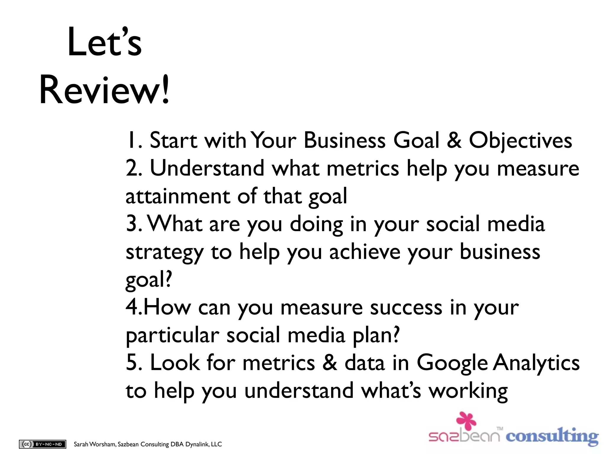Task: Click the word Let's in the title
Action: point(104,42)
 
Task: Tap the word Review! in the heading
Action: point(104,90)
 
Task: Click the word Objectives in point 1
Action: point(520,140)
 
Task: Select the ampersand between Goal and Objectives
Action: point(454,140)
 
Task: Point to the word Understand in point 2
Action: point(207,168)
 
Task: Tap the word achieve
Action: point(365,252)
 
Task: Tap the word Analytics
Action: point(536,363)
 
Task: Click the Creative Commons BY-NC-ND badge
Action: point(43,444)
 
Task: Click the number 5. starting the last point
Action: point(134,363)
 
